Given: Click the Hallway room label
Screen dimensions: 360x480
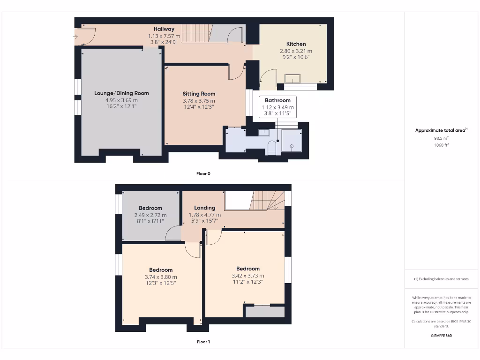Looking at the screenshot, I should click(x=164, y=29).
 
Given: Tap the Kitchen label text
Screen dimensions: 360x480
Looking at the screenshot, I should click(x=296, y=44).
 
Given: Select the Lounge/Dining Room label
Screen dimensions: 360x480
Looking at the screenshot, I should click(x=121, y=93).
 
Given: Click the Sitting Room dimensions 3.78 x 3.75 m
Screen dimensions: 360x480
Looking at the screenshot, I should click(x=199, y=101).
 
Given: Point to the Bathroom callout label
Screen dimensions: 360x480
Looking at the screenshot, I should click(x=277, y=100).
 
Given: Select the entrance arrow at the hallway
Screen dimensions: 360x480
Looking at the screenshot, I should click(x=76, y=36).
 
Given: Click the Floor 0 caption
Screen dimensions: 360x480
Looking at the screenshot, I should click(x=203, y=173).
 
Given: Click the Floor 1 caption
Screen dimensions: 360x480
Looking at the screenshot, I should click(x=203, y=342).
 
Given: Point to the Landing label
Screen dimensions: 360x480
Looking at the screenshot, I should click(x=204, y=208).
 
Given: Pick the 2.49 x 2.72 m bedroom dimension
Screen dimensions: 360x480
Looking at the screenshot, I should click(x=150, y=215).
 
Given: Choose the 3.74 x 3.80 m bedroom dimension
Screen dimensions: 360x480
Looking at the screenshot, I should click(x=161, y=277).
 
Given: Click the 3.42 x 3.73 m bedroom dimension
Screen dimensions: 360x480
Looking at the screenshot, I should click(x=247, y=276).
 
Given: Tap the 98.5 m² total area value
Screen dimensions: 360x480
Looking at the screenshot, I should click(x=441, y=139).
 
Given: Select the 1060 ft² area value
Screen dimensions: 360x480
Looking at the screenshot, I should click(x=441, y=145).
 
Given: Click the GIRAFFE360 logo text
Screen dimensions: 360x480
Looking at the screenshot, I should click(x=441, y=336).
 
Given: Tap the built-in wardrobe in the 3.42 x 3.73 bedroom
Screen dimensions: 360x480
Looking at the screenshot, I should click(x=265, y=311).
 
